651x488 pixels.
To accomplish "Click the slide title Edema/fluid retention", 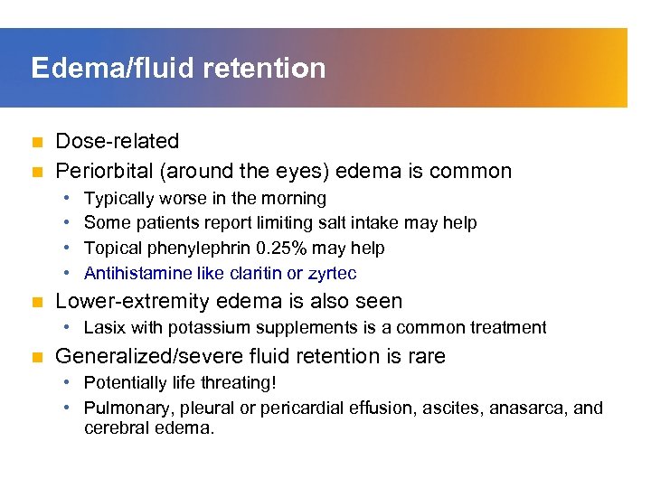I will tap(178, 69).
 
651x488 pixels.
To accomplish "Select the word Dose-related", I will tap(118, 141).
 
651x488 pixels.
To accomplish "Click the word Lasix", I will tap(104, 327).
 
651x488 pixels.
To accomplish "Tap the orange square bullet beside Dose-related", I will tap(36, 142).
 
